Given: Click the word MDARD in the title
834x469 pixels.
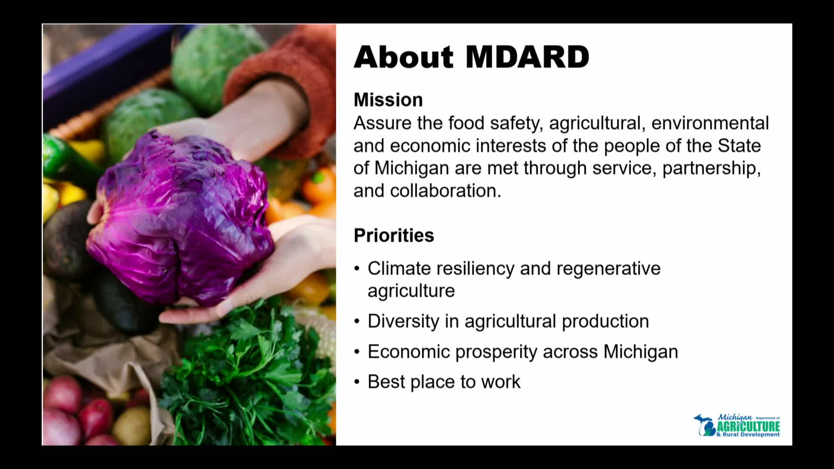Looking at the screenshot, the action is pos(527,57).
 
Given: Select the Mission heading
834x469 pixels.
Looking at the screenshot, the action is pos(388,100).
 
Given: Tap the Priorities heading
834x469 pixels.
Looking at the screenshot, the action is pos(394,235).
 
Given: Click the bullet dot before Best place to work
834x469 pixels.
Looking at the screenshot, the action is pos(357,382).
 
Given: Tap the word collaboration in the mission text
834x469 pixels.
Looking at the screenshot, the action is pos(446,191).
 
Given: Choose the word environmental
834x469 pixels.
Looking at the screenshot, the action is pos(710,123).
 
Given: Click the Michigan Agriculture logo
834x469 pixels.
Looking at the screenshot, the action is pos(737,425).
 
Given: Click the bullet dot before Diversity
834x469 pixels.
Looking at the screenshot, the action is pos(357,321).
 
